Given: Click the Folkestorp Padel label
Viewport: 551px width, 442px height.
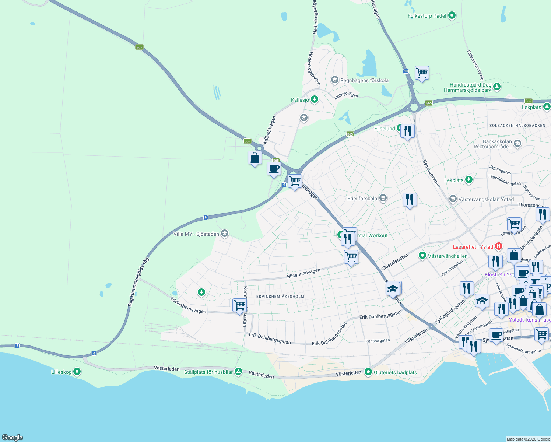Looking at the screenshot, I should [427, 16].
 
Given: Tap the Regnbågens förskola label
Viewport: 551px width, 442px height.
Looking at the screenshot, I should [364, 80].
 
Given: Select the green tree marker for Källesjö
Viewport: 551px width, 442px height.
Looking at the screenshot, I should [314, 99].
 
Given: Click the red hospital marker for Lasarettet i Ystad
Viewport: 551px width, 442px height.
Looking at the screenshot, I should [499, 246].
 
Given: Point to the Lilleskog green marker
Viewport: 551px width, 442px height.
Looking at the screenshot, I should [77, 372].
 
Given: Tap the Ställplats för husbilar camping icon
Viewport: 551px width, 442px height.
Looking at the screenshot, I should [238, 372].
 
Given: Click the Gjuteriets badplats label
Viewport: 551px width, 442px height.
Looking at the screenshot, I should [395, 372].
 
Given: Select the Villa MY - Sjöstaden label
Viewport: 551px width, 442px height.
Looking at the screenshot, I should [196, 234].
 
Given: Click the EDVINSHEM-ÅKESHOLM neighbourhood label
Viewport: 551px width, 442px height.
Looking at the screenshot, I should [280, 297].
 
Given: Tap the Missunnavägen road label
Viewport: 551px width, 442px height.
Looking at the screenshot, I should [303, 274].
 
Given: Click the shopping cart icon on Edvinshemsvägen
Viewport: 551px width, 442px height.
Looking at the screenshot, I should [239, 305].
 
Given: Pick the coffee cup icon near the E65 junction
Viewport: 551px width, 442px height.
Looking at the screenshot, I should [274, 169].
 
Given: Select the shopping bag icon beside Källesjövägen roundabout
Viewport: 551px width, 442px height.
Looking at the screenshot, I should [255, 158].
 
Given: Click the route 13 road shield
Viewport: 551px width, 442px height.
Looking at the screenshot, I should [406, 71].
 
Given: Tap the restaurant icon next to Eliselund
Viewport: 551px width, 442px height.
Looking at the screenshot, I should [407, 131].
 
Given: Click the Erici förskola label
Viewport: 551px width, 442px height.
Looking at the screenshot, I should [362, 199].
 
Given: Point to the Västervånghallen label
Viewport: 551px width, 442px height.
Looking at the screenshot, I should [448, 256].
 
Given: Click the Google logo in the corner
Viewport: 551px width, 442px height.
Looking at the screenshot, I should [13, 437].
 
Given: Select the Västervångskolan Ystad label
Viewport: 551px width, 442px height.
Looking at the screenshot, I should [486, 199].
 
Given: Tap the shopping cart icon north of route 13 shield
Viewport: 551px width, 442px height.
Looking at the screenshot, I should [422, 73].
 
